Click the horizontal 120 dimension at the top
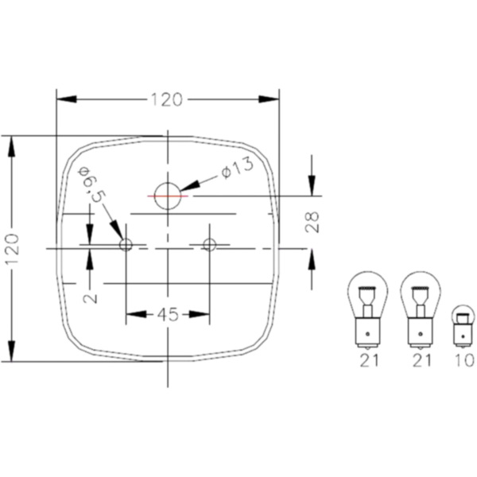coord(167,100)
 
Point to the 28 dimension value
coord(312,222)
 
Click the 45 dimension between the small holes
coord(167,314)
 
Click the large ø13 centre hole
coord(168,195)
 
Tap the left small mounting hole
coord(126,245)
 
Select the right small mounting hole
coord(209,244)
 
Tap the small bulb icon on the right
coord(461,326)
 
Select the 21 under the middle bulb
coord(421,361)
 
